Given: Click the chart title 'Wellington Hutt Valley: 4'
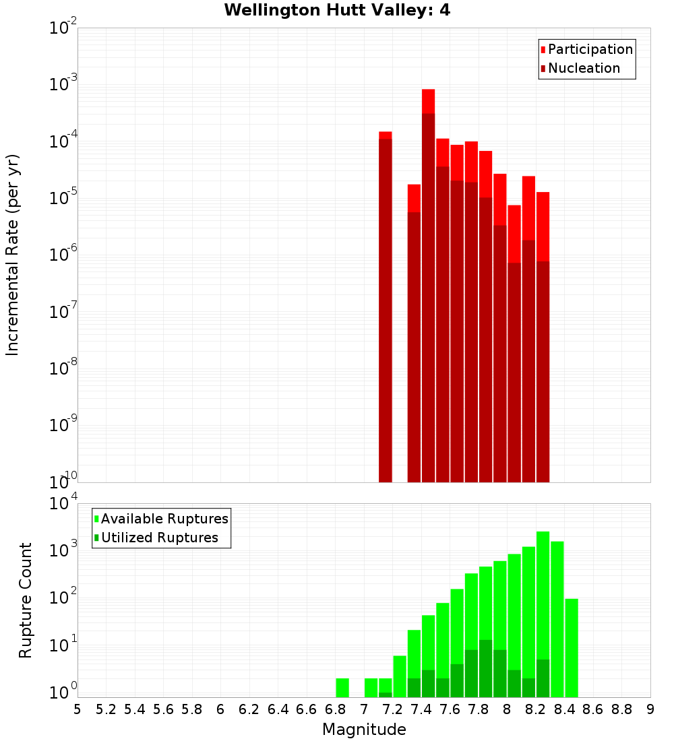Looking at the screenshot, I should [x=337, y=10].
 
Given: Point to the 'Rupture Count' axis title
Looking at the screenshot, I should [x=26, y=600].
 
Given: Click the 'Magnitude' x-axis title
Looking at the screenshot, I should [x=364, y=730].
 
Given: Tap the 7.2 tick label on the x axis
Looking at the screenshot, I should [x=392, y=709].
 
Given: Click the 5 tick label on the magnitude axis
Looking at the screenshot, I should [x=78, y=709].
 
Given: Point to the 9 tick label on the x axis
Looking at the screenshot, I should [x=650, y=709].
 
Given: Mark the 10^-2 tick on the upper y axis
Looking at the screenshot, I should [x=62, y=28].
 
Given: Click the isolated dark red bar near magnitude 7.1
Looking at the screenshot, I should [x=386, y=310].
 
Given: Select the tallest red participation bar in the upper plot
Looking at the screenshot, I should [x=428, y=101].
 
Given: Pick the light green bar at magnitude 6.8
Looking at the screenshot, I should [x=342, y=688].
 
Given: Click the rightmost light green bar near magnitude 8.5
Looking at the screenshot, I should [x=572, y=647].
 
